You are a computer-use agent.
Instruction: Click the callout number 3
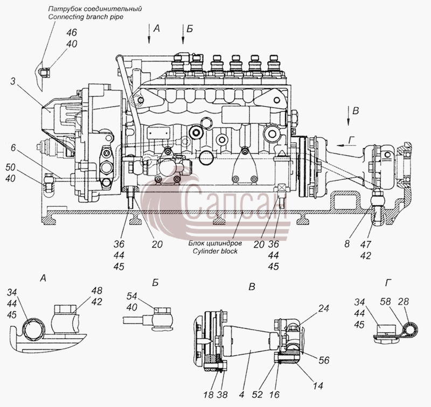click(13, 81)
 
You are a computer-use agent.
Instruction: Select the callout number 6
click(13, 148)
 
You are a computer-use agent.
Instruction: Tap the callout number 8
click(347, 243)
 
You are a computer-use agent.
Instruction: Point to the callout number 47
click(366, 244)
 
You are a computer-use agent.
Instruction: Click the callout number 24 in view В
click(324, 308)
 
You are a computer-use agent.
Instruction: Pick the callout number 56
click(324, 360)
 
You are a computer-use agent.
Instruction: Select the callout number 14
click(318, 386)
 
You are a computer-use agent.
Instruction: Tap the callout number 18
click(208, 395)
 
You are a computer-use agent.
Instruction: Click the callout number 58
click(385, 301)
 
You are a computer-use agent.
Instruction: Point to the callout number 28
click(403, 301)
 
